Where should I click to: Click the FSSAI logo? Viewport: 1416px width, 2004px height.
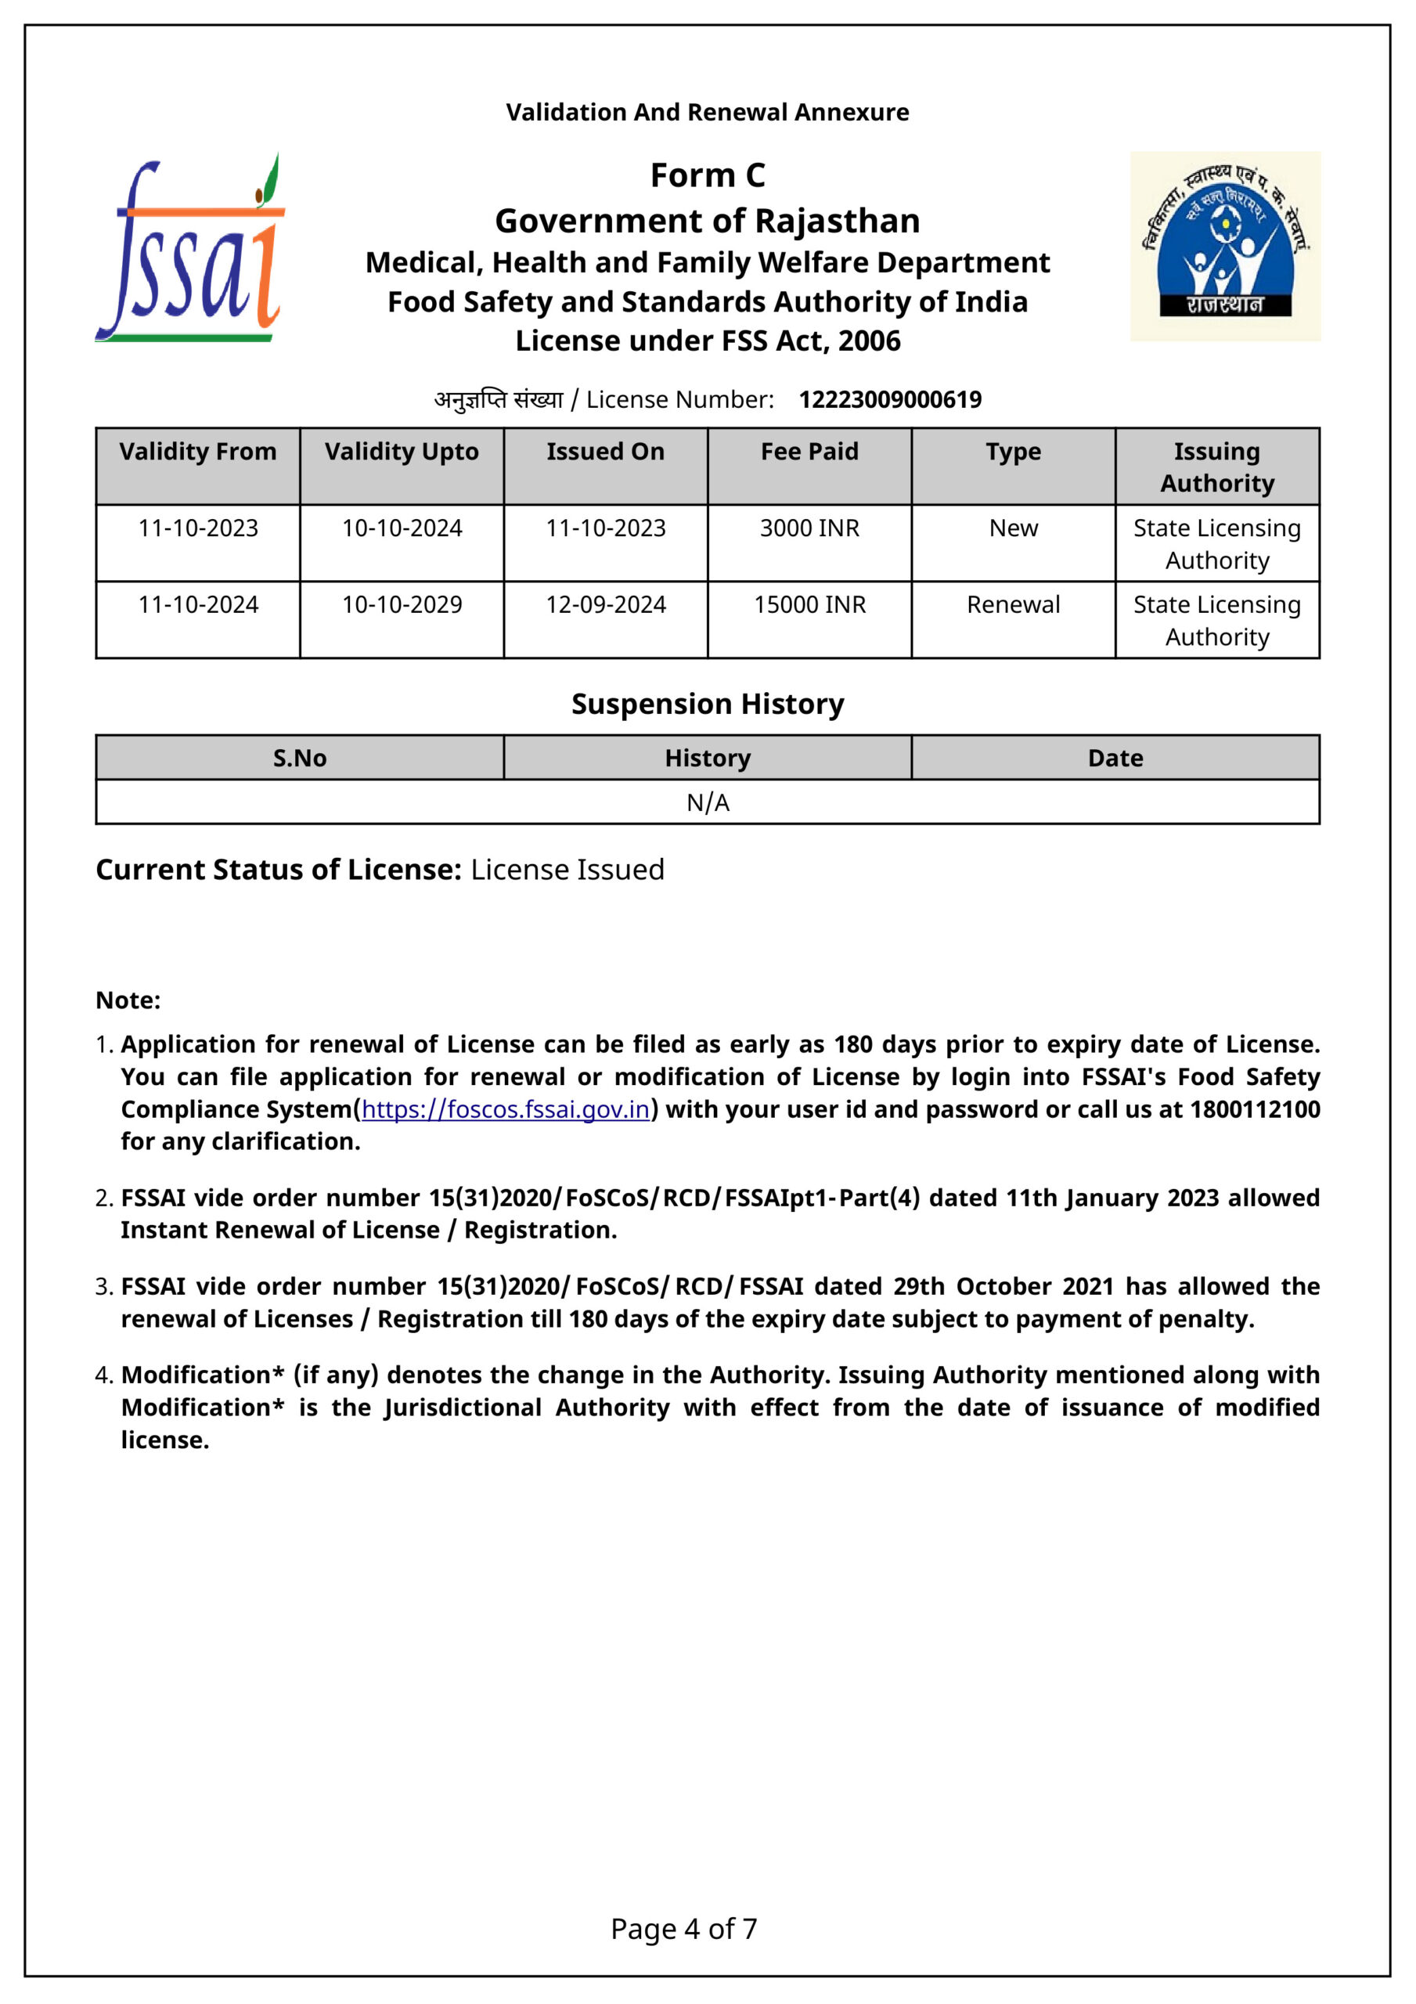pos(190,249)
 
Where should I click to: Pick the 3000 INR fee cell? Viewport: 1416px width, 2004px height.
pos(809,528)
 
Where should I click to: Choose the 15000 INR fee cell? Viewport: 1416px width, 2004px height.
pos(809,605)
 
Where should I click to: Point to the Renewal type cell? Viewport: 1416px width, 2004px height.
pos(1013,605)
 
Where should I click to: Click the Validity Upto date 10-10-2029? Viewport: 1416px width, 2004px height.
pos(402,605)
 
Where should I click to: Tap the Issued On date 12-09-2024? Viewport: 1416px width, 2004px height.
pos(605,605)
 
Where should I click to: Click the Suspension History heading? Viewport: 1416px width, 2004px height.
pos(707,704)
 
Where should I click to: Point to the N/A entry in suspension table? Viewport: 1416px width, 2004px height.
pos(707,802)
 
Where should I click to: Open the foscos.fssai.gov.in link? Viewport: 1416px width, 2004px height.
pos(506,1109)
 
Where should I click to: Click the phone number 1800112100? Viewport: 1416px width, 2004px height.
pos(1255,1109)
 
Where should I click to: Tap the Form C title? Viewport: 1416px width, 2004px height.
pos(707,175)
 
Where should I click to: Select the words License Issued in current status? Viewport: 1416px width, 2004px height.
pos(567,870)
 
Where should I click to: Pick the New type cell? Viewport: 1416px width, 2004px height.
pos(1013,528)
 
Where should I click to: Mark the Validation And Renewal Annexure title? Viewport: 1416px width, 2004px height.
pos(707,112)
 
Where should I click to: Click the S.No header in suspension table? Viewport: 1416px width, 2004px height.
pos(300,758)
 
